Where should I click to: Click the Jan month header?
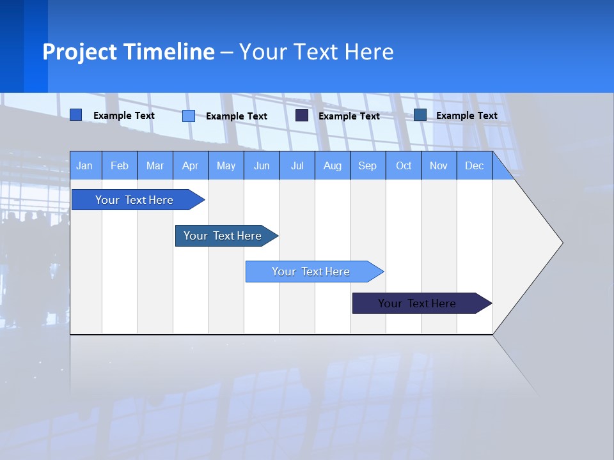point(85,165)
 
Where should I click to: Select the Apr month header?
point(191,165)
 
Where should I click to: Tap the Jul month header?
point(297,165)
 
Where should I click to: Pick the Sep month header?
point(368,165)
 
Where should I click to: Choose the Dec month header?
point(475,165)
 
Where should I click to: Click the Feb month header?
point(120,165)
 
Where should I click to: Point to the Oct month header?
point(404,165)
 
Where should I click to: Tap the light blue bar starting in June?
point(311,272)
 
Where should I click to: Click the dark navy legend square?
point(302,116)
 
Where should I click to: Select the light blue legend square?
point(189,116)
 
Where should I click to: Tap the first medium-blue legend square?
point(76,115)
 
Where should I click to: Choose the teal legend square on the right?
point(420,115)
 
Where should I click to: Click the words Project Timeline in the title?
point(129,52)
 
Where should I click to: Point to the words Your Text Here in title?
point(316,52)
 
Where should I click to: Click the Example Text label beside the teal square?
point(466,116)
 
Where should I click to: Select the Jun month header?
point(262,165)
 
